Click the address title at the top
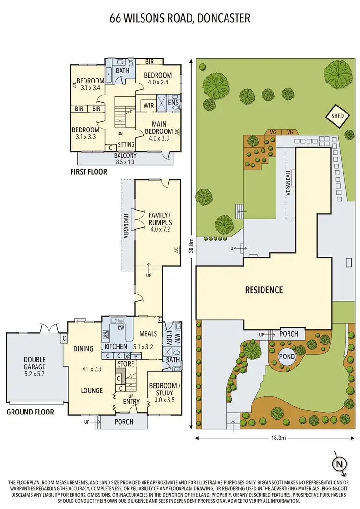pos(180,19)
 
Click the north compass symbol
pos(339,464)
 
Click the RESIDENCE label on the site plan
pos(264,290)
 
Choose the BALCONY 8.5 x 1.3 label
pos(125,158)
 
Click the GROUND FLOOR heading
pos(30,412)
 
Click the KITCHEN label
pos(115,346)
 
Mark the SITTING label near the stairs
pos(126,144)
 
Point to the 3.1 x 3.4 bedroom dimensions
pos(91,87)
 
